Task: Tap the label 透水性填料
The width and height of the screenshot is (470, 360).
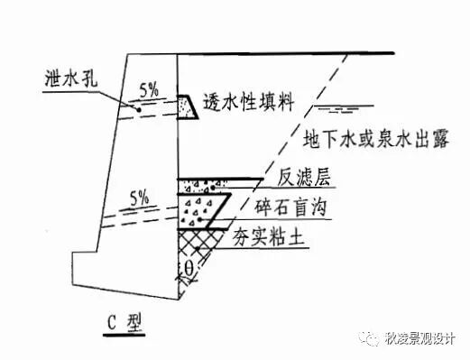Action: click(x=250, y=104)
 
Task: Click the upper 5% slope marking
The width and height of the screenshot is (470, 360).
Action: click(x=150, y=89)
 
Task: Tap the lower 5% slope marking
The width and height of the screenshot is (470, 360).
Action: click(x=140, y=196)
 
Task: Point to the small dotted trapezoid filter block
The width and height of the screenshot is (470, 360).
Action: click(x=188, y=107)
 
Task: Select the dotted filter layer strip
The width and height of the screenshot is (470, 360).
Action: click(x=207, y=186)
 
